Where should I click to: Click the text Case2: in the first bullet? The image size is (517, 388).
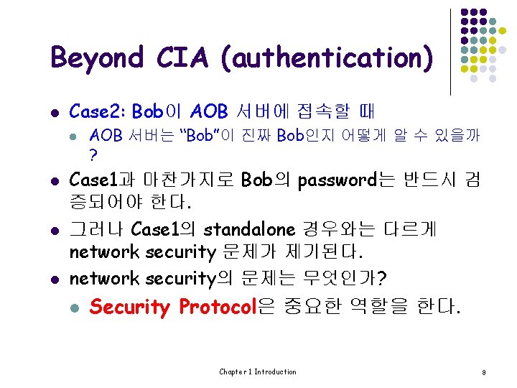(98, 111)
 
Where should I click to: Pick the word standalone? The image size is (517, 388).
(248, 229)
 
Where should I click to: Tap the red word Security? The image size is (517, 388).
(130, 308)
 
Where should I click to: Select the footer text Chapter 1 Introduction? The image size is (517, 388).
(258, 371)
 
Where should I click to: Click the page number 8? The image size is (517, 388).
(485, 372)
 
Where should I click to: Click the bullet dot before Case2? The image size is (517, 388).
(55, 112)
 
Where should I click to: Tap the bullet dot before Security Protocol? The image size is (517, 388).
(74, 308)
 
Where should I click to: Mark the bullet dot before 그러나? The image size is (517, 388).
(55, 230)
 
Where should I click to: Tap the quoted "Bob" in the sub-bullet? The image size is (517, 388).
(193, 134)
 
